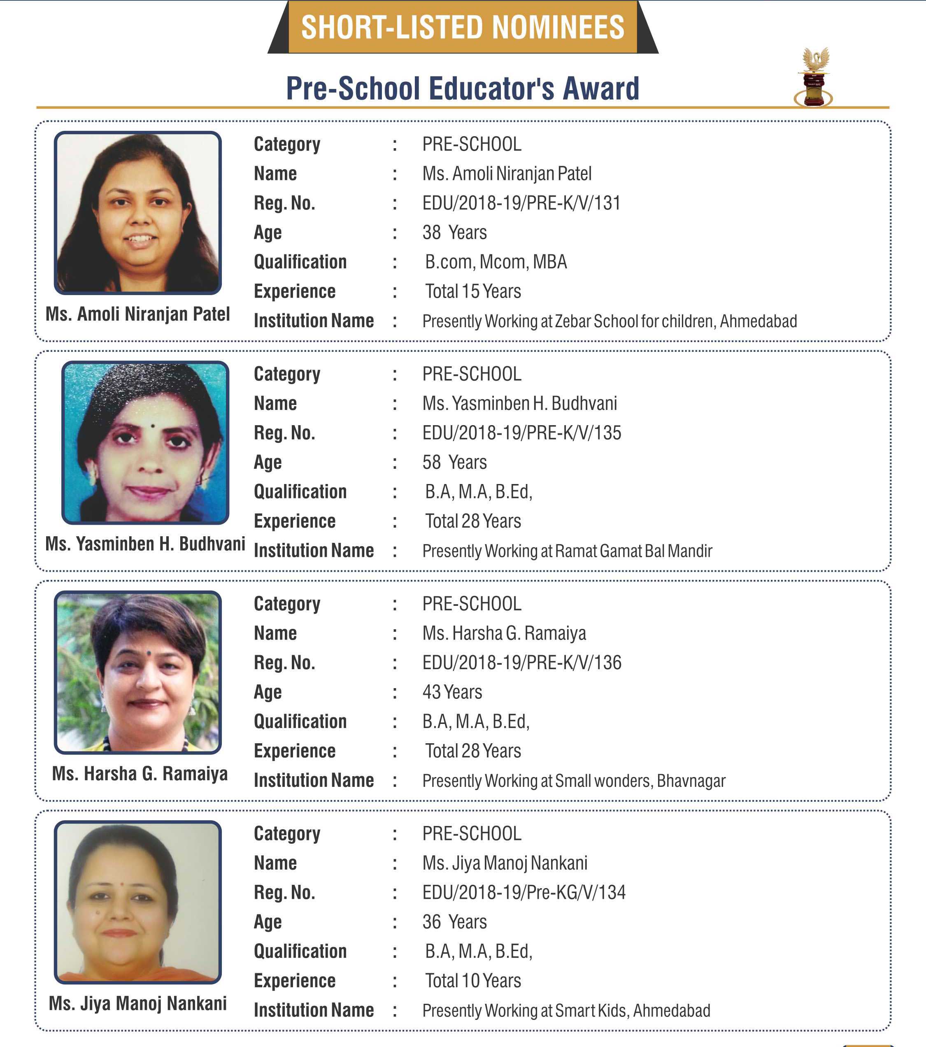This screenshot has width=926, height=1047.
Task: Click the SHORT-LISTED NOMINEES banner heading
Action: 463,27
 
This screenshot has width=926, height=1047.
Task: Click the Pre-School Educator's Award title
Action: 463,88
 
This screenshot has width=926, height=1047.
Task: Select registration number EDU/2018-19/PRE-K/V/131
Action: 521,203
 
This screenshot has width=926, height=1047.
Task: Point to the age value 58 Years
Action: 454,463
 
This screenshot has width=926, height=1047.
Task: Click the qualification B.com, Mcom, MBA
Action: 496,262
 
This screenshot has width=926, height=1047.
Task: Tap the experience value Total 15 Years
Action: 473,291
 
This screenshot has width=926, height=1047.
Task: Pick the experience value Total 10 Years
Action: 473,980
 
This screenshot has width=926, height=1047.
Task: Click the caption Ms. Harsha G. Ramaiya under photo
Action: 140,773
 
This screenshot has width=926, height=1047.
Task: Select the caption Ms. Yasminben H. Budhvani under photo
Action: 145,544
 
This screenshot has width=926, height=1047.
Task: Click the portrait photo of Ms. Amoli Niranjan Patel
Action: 138,213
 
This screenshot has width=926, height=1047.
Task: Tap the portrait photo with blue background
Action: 145,442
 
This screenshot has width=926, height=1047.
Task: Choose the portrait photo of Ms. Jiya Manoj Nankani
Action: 138,902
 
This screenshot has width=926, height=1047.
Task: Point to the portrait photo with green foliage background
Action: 138,672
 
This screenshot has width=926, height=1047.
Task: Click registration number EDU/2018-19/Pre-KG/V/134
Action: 523,892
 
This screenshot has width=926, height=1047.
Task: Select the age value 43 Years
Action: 452,692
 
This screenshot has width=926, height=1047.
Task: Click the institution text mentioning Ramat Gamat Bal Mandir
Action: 567,551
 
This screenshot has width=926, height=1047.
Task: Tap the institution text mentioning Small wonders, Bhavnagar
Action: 574,781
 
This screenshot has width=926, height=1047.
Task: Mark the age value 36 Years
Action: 454,922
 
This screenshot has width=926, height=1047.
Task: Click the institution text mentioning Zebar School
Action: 610,321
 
